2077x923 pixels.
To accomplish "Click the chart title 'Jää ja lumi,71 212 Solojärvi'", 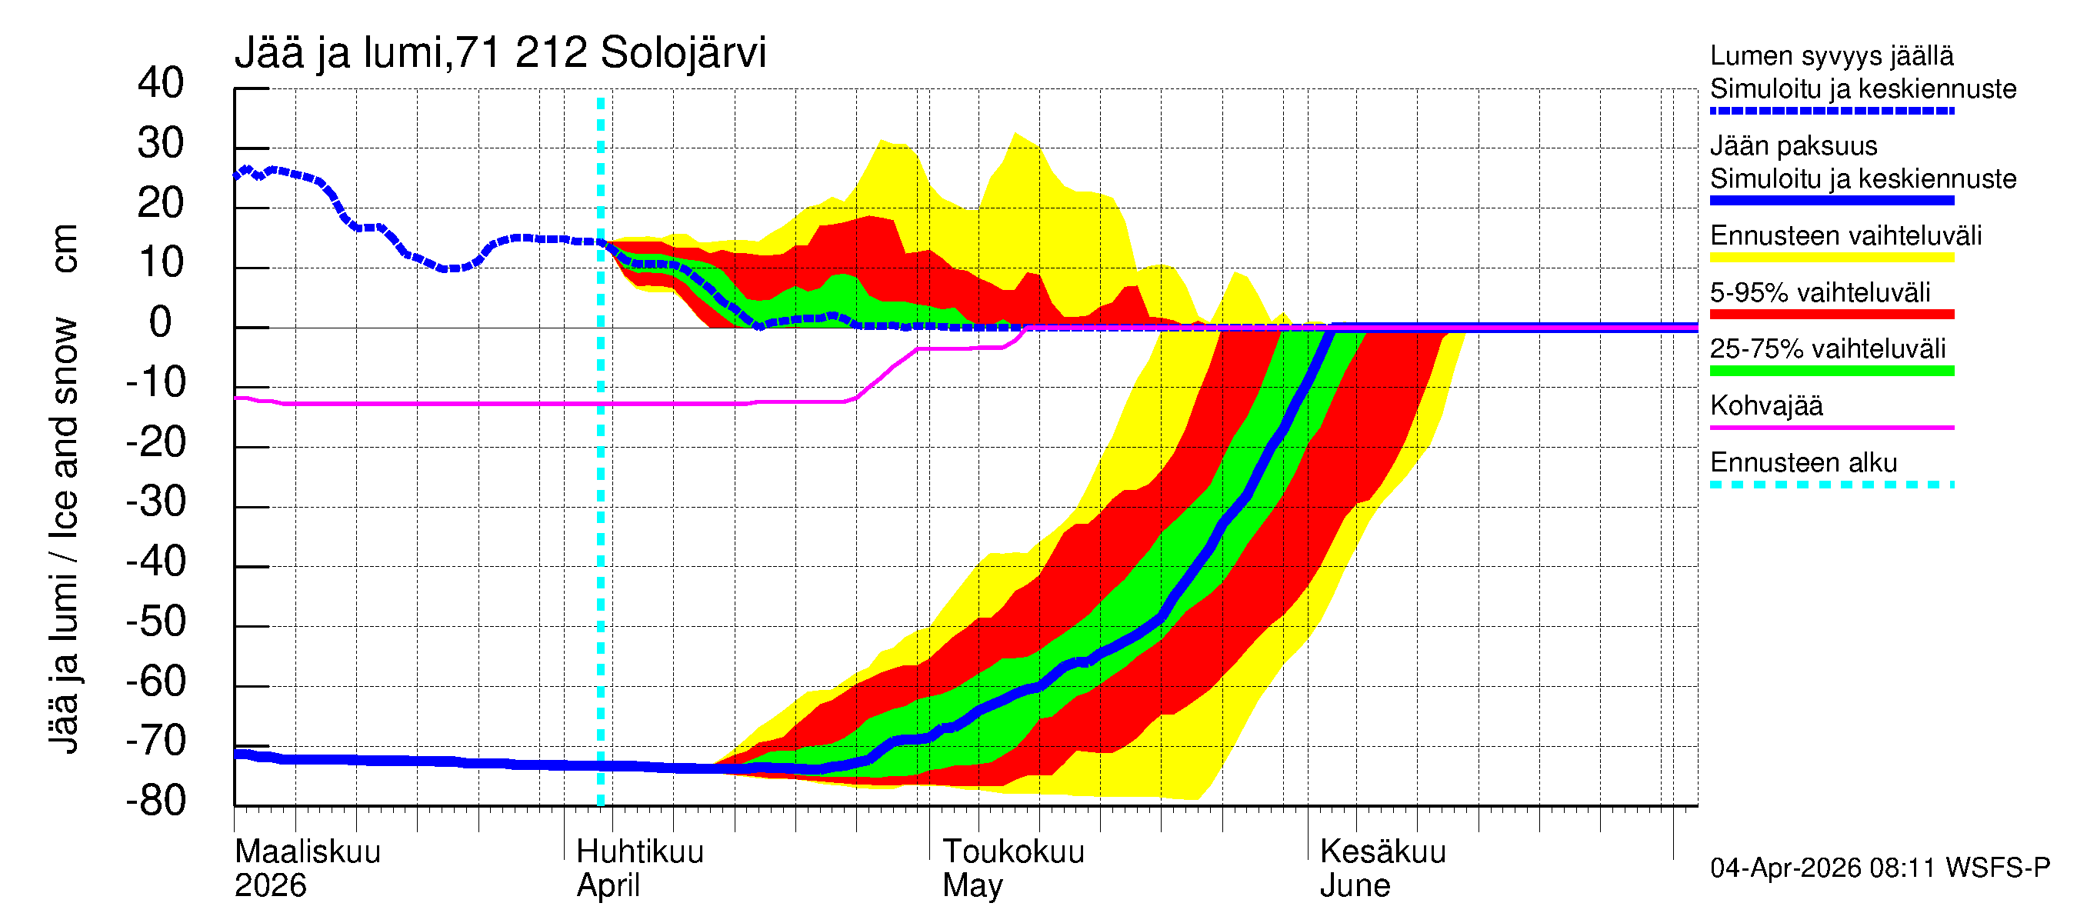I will coord(500,53).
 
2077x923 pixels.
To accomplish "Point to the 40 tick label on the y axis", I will coord(161,83).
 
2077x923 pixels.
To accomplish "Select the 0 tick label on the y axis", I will coord(161,322).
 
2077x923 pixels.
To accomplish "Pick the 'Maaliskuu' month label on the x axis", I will coord(307,851).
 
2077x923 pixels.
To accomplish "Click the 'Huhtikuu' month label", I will coord(640,851).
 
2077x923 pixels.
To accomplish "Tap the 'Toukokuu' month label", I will coord(1014,851).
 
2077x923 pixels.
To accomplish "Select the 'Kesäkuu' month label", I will coord(1383,851).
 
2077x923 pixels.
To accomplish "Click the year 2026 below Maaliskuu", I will coord(270,885).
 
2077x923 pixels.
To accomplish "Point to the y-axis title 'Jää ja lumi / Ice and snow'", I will coord(65,536).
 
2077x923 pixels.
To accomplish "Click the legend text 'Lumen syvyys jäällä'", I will coord(1832,55).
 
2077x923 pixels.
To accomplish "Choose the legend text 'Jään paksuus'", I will coord(1794,146).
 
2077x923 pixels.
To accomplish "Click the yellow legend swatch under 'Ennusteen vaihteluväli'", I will coord(1832,258).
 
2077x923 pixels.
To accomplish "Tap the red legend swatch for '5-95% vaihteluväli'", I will coord(1832,315).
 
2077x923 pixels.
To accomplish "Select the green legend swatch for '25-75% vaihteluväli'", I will coord(1832,371).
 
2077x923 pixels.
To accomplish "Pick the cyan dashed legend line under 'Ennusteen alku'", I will coord(1832,485).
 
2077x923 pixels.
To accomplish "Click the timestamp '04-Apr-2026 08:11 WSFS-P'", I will coord(1879,868).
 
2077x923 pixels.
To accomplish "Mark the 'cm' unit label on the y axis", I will coord(65,248).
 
